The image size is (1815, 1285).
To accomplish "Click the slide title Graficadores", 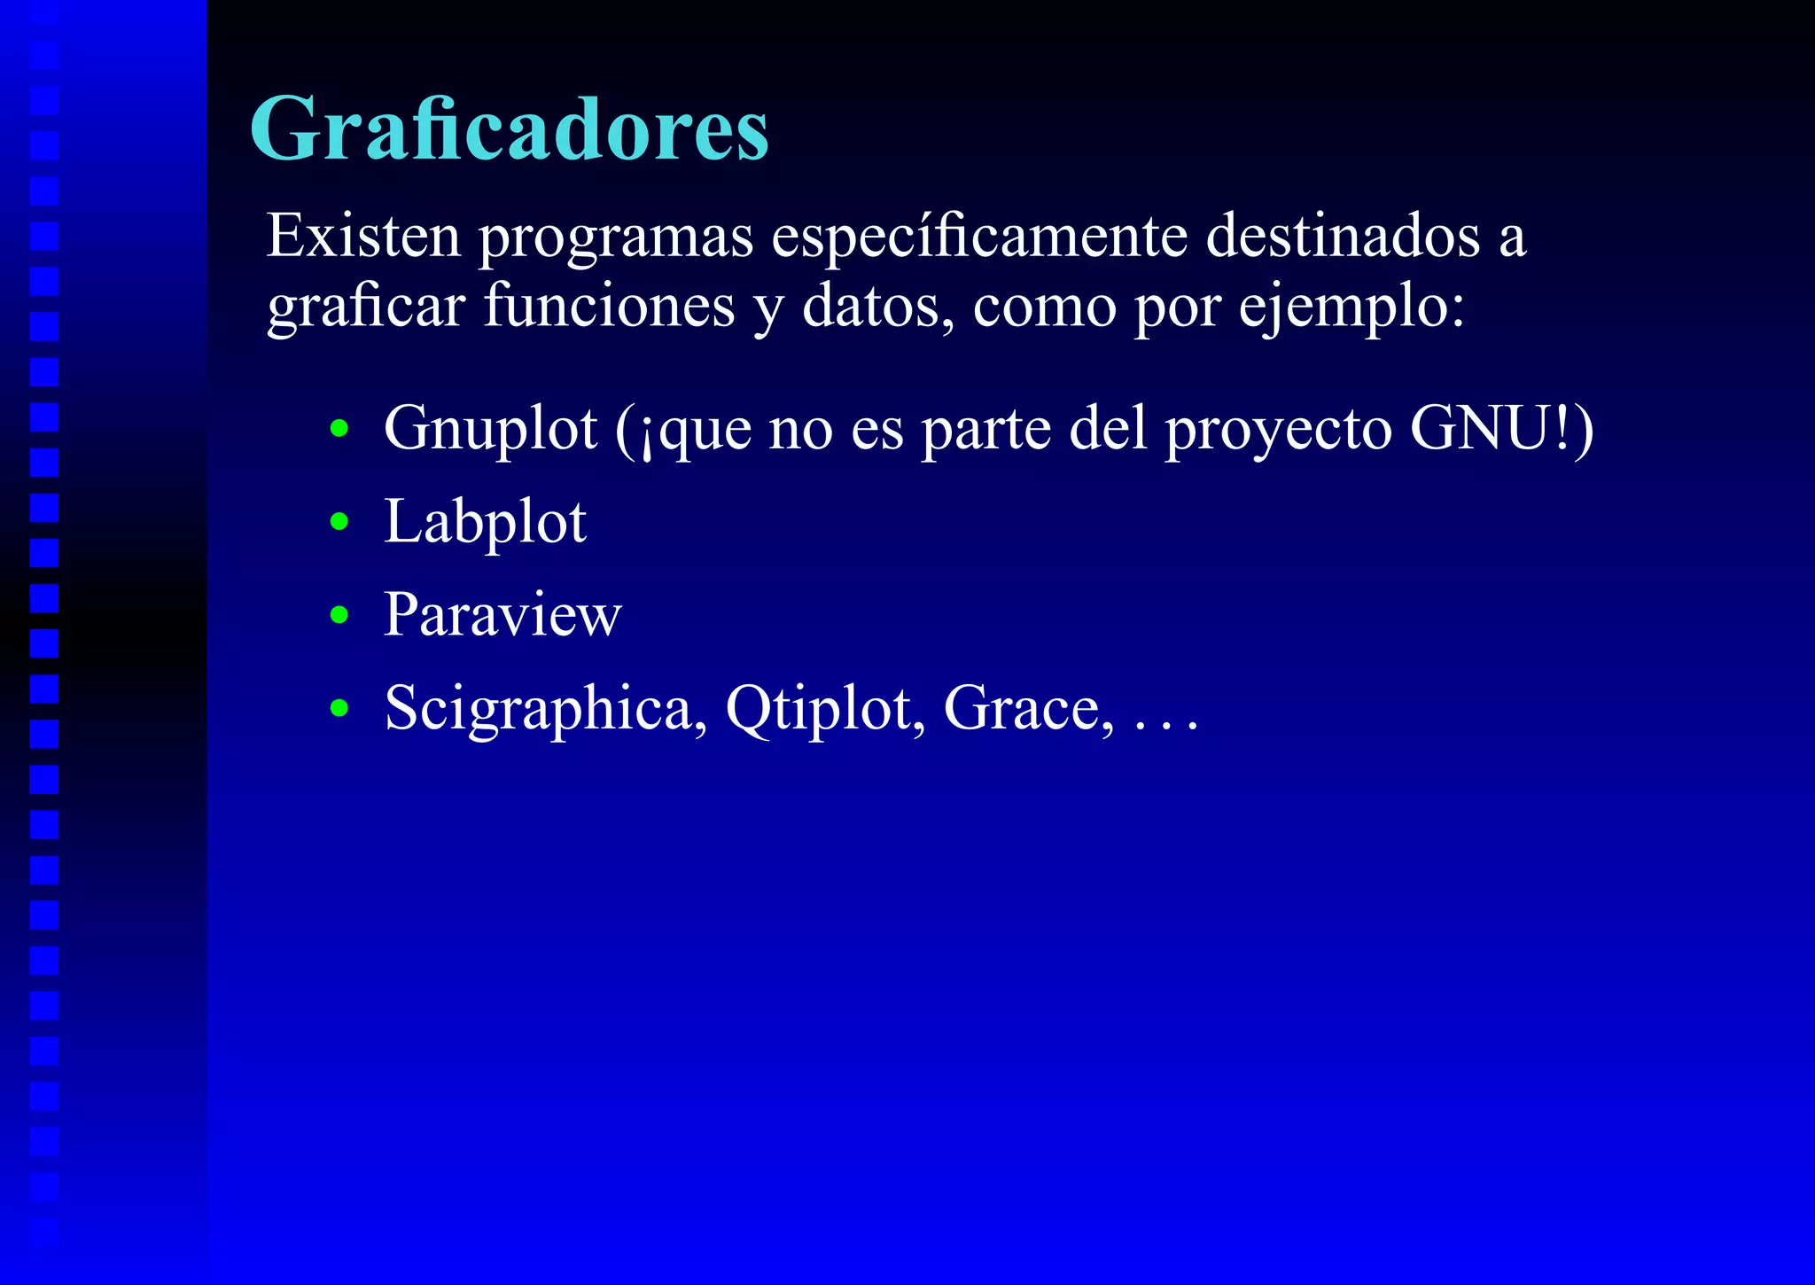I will click(x=509, y=130).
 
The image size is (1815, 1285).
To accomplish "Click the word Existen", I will click(x=363, y=236).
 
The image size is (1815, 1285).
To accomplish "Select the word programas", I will click(x=616, y=239).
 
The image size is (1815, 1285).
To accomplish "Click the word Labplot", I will click(x=485, y=522).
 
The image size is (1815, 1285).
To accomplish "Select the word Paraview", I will click(x=502, y=614).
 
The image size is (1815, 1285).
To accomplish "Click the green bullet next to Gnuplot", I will click(x=339, y=430).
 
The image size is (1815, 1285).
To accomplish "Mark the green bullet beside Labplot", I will click(x=339, y=522).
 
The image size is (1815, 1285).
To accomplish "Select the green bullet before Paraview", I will click(x=339, y=614).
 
